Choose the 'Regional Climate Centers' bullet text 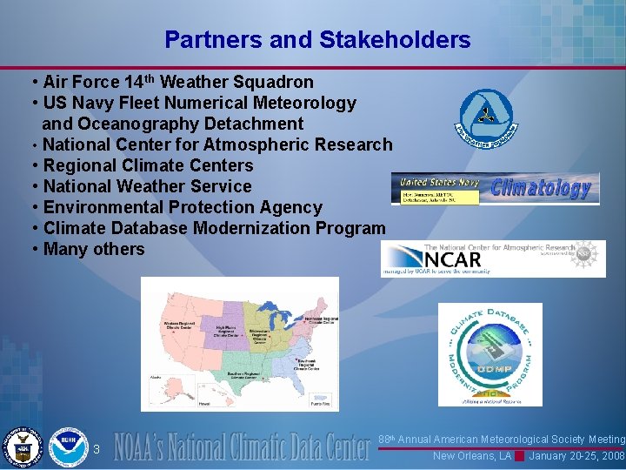[148, 165]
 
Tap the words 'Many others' [94, 249]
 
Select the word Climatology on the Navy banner [541, 188]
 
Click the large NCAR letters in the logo [452, 258]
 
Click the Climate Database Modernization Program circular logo [489, 352]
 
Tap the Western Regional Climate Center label [179, 326]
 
